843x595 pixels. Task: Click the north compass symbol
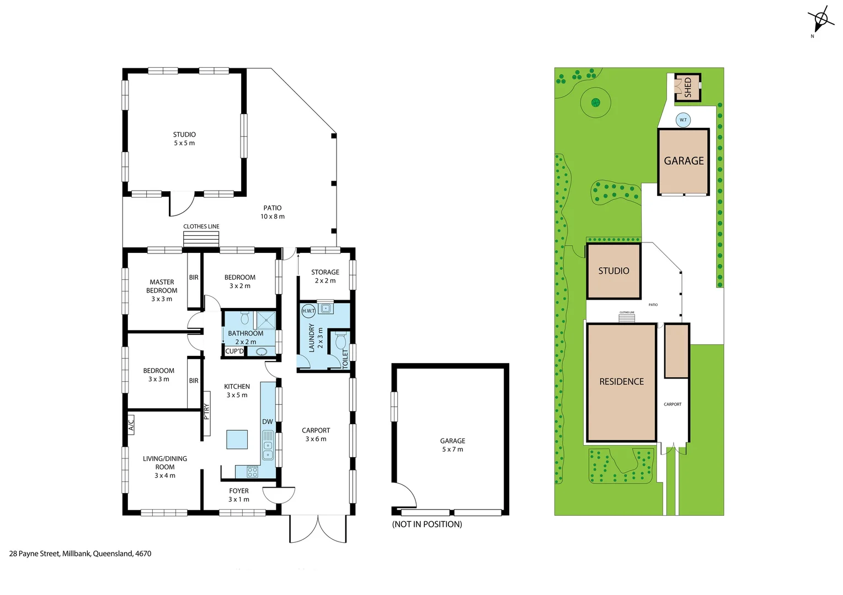pos(820,20)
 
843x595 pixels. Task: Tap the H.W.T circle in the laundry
pos(308,311)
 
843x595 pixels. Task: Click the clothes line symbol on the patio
pos(201,240)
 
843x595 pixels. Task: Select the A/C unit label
pos(131,425)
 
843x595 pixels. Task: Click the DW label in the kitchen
pos(268,421)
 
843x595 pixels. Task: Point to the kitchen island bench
pos(237,440)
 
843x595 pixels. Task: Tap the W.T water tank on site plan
pos(683,120)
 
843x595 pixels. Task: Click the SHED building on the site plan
pos(687,87)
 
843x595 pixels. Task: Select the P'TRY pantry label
pos(207,412)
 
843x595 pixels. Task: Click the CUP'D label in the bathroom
pos(234,351)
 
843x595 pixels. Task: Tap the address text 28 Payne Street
pos(80,554)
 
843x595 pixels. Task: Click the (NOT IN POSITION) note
pos(427,524)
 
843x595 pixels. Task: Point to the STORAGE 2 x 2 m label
pos(325,276)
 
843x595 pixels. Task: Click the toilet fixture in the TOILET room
pos(340,341)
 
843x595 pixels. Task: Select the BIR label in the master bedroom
pos(194,278)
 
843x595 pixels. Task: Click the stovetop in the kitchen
pos(252,472)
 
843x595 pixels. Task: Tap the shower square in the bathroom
pos(266,320)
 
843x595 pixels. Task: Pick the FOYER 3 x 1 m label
pos(239,495)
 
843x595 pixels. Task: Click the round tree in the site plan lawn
pos(596,102)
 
